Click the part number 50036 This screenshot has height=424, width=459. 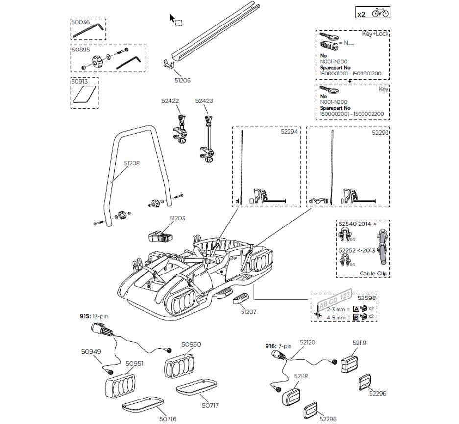(x=80, y=22)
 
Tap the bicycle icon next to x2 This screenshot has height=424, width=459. (x=380, y=13)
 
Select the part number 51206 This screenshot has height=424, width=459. (x=182, y=80)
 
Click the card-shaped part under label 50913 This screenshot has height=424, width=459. (x=84, y=94)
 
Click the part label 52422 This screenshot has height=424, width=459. (x=170, y=100)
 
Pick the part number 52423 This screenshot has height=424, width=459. (x=204, y=100)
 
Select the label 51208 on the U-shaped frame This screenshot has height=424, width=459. (x=132, y=163)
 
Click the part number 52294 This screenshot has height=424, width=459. (x=289, y=132)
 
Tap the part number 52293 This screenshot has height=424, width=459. (x=380, y=133)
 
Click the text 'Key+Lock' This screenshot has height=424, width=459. (x=375, y=34)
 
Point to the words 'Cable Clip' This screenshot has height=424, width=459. (x=373, y=274)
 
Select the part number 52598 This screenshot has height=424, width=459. (x=366, y=298)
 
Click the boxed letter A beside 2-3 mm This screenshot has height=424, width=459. (x=356, y=309)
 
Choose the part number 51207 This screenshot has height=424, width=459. (x=248, y=312)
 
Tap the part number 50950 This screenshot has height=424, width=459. (x=191, y=345)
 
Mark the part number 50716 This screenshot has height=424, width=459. (x=168, y=419)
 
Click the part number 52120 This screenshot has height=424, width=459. (x=308, y=342)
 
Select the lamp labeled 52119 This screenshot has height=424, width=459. (x=350, y=364)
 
